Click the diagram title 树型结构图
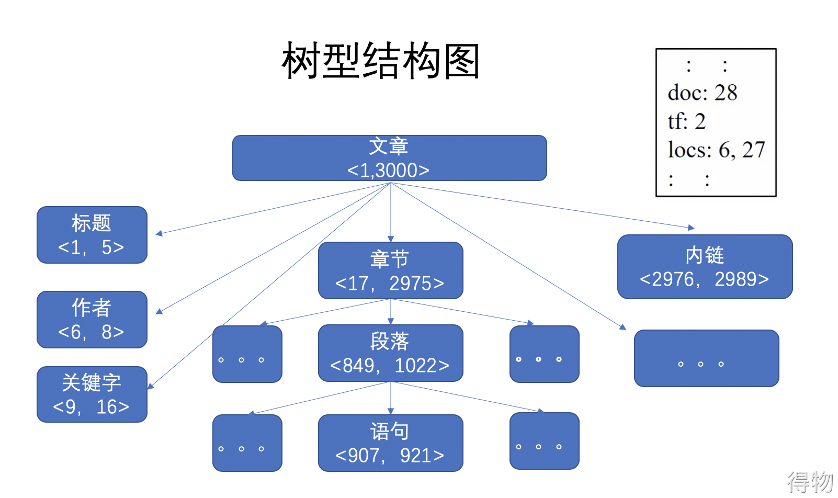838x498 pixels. [x=380, y=61]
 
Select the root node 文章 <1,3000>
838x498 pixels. [x=390, y=158]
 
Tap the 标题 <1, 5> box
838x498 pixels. [x=92, y=234]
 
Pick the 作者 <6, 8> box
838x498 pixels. [x=92, y=320]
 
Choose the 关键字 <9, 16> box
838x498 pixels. [x=92, y=394]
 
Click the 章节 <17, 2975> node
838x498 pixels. [x=391, y=270]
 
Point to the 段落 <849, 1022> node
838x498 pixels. [x=391, y=353]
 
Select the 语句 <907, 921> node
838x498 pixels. [x=391, y=443]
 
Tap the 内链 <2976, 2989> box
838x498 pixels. [x=705, y=266]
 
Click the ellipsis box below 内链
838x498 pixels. [x=707, y=358]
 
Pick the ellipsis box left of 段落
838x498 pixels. [x=247, y=354]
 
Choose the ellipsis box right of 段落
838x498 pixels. [x=545, y=354]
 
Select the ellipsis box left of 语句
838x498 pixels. [x=247, y=443]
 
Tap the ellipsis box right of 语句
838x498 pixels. [x=545, y=441]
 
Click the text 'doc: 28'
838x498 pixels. [x=703, y=93]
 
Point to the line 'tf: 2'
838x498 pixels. [x=687, y=121]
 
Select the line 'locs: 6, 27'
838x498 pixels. [x=717, y=150]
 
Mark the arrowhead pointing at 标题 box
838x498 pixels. [x=159, y=233]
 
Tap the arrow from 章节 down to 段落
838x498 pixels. [x=391, y=312]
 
